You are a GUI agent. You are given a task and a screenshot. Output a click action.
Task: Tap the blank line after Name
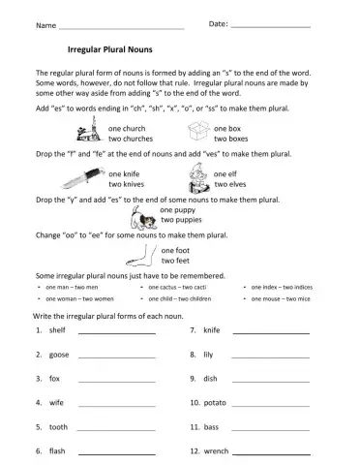pyautogui.click(x=121, y=25)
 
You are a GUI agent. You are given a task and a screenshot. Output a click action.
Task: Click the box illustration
pyautogui.click(x=197, y=133)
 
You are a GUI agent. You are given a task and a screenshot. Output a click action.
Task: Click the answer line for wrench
pyautogui.click(x=271, y=451)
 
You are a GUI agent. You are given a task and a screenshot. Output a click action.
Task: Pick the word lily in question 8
pyautogui.click(x=208, y=355)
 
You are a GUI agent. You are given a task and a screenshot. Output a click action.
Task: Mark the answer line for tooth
pyautogui.click(x=116, y=427)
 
